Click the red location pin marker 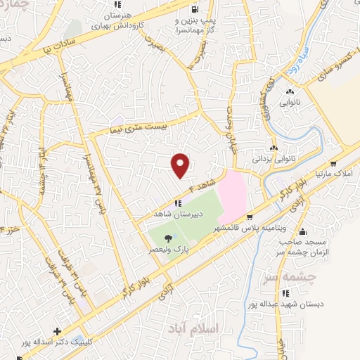pyautogui.click(x=181, y=165)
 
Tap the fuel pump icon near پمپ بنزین pyautogui.click(x=193, y=10)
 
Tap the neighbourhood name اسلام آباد pyautogui.click(x=219, y=328)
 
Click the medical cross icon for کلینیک pyautogui.click(x=57, y=330)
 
